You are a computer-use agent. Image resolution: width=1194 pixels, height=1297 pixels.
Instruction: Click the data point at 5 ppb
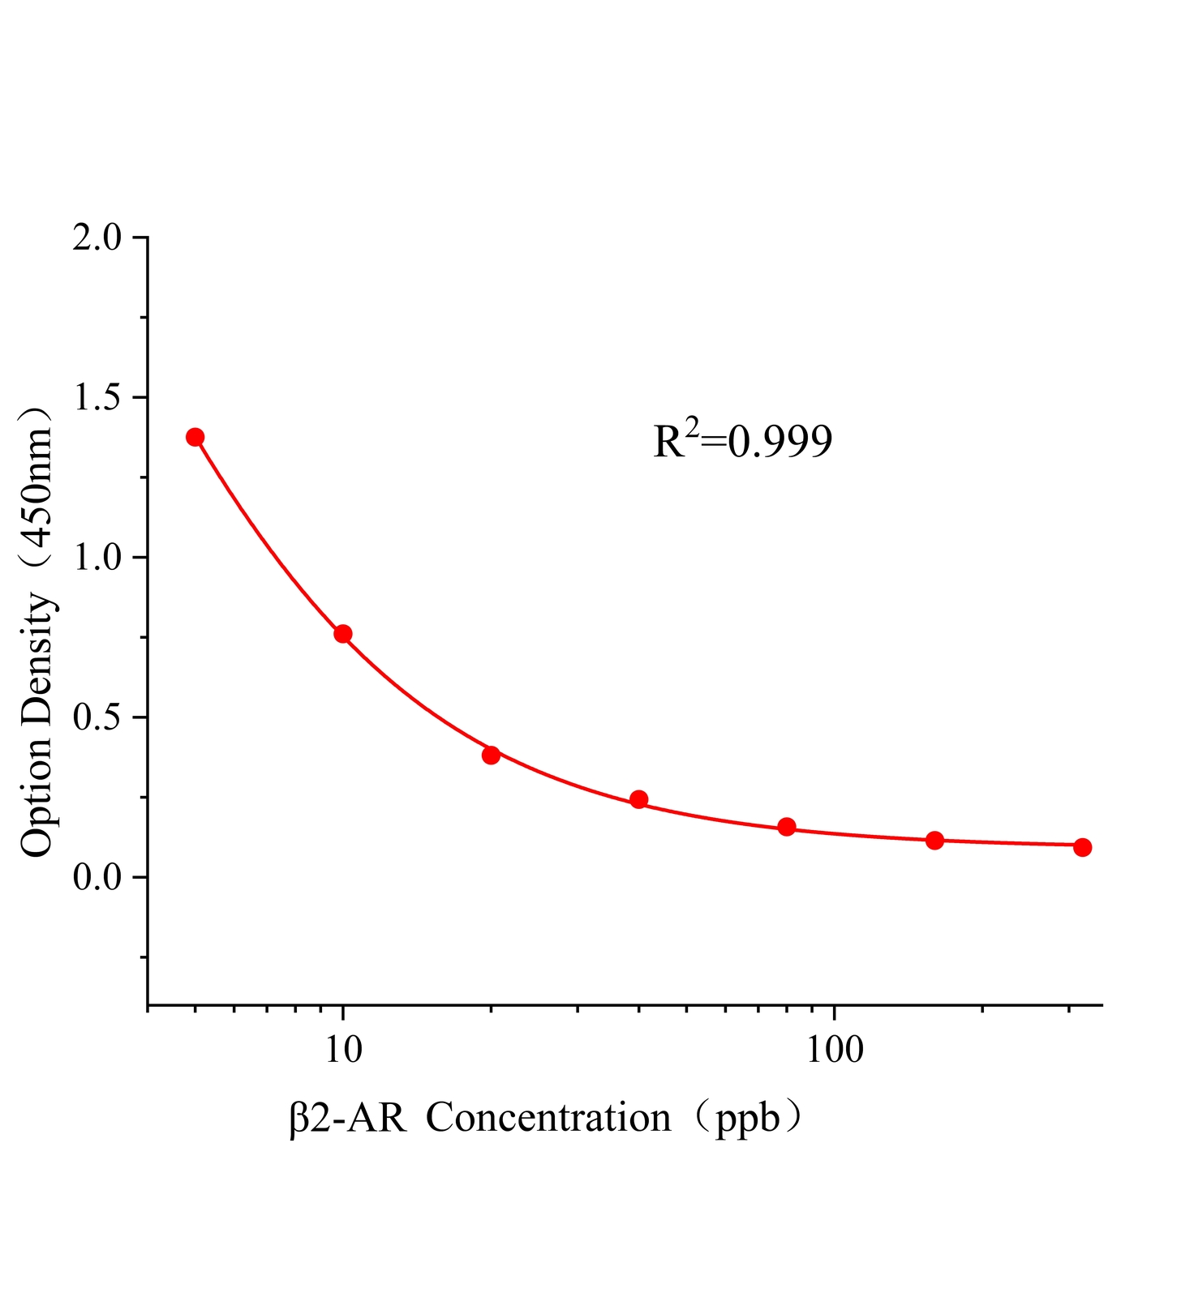pyautogui.click(x=195, y=437)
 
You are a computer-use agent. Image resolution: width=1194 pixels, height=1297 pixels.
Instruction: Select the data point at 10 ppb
pyautogui.click(x=342, y=633)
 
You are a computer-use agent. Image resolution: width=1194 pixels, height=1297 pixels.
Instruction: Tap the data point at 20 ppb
pyautogui.click(x=491, y=755)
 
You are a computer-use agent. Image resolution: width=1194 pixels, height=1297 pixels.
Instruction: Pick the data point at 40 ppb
pyautogui.click(x=638, y=799)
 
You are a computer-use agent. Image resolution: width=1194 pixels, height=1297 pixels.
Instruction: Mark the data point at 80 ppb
pyautogui.click(x=786, y=827)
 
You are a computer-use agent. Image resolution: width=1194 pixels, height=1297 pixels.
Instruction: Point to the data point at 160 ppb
pyautogui.click(x=934, y=840)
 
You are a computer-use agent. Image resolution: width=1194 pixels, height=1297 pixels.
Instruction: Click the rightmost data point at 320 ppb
pyautogui.click(x=1082, y=847)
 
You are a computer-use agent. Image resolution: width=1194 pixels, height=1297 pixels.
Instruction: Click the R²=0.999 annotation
pyautogui.click(x=743, y=442)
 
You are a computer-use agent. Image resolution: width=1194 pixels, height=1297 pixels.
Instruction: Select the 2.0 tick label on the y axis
pyautogui.click(x=97, y=238)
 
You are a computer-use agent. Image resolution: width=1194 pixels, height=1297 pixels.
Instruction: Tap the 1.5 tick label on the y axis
pyautogui.click(x=97, y=398)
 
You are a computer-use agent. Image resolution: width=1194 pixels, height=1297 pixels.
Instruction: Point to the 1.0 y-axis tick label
pyautogui.click(x=97, y=558)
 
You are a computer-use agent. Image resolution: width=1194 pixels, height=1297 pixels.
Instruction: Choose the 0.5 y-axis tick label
pyautogui.click(x=97, y=717)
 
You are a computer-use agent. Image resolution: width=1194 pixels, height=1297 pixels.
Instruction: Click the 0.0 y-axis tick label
pyautogui.click(x=97, y=877)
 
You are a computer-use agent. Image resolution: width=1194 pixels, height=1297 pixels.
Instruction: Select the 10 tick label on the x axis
pyautogui.click(x=343, y=1051)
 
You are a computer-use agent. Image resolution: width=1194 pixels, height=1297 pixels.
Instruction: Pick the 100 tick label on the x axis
pyautogui.click(x=834, y=1051)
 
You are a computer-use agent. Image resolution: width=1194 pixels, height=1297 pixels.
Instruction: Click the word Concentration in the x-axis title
pyautogui.click(x=548, y=1119)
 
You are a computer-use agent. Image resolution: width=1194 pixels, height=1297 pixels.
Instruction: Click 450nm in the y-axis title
pyautogui.click(x=37, y=489)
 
